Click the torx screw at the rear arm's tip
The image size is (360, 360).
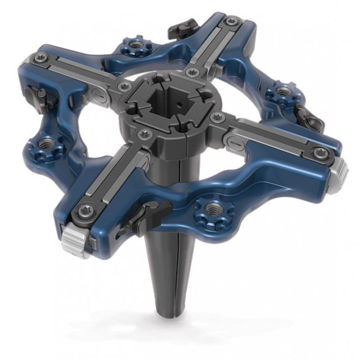point(230,22)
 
